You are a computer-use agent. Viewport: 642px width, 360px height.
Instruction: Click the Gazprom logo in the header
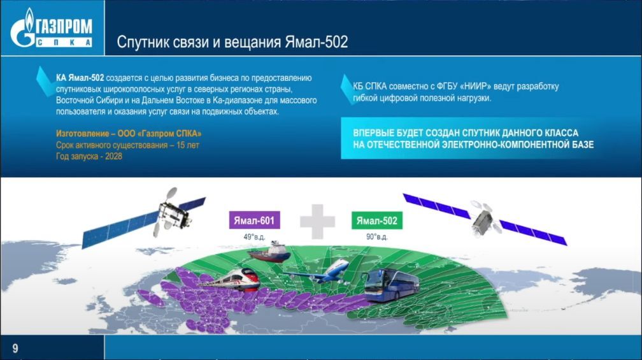52,28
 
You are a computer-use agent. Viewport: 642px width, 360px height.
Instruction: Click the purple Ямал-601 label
254,220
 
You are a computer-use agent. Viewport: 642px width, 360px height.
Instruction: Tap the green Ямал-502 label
376,220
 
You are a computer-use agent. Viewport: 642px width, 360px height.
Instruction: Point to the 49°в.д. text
254,237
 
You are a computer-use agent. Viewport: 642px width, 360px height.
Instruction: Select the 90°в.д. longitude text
376,237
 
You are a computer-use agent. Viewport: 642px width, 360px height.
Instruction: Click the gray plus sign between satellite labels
317,222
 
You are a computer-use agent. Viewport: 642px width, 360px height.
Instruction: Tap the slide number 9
15,348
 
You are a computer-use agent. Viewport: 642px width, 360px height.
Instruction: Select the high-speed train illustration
230,280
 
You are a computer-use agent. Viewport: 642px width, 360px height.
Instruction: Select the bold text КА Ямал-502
80,78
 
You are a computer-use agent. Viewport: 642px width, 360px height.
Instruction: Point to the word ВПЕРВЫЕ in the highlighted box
372,133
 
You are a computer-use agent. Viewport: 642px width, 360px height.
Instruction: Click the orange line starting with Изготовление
129,134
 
